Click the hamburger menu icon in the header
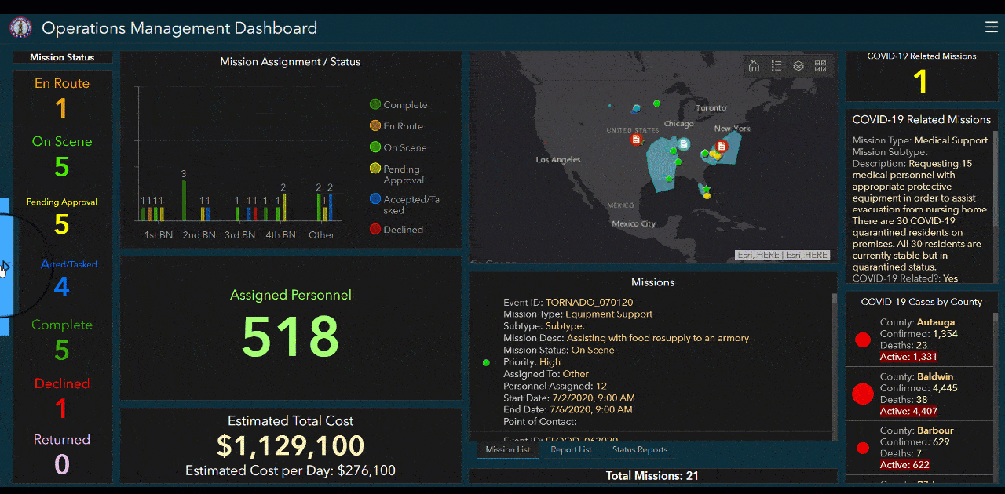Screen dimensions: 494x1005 (x=991, y=27)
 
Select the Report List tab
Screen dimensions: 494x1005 (x=571, y=450)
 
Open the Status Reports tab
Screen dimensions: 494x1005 (x=639, y=450)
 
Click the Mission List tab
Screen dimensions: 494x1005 (x=507, y=450)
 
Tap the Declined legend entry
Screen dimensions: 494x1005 (x=403, y=230)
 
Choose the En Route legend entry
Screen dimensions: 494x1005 (x=403, y=126)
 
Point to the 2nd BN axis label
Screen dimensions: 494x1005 (x=199, y=235)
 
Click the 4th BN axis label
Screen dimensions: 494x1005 (x=280, y=235)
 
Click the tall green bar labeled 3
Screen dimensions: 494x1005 (x=184, y=200)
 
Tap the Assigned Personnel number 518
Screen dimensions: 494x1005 (x=291, y=336)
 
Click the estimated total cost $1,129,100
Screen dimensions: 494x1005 (x=291, y=445)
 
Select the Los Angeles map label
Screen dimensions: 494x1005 (x=558, y=160)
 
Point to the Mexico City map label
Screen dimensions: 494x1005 (x=634, y=224)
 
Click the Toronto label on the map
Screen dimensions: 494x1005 (x=711, y=108)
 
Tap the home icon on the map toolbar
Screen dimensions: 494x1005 (x=754, y=66)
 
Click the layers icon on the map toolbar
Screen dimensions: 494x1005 (x=799, y=66)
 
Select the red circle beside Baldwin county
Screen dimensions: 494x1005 (x=862, y=394)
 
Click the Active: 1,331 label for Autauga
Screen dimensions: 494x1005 (x=908, y=358)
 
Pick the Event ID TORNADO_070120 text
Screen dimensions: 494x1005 (x=589, y=303)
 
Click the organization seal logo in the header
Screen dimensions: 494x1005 (x=20, y=28)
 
